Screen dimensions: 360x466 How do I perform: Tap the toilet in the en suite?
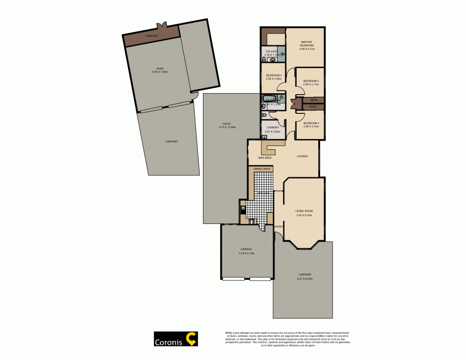(264, 59)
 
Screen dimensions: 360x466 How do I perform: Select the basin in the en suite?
(272, 59)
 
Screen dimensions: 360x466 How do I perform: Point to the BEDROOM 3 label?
(274, 76)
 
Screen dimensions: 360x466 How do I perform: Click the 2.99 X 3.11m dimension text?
(311, 84)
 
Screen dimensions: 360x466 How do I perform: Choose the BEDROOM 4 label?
(311, 123)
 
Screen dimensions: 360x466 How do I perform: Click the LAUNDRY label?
(273, 127)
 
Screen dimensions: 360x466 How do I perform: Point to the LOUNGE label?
(302, 156)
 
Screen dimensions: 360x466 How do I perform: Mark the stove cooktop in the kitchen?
(252, 221)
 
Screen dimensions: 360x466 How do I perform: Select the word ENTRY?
(279, 227)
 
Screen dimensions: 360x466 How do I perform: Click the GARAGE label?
(246, 249)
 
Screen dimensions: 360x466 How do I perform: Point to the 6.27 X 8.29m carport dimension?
(304, 278)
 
